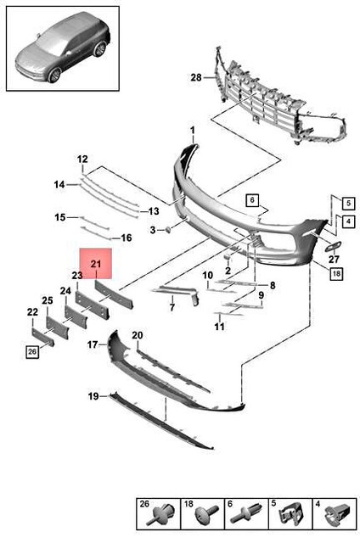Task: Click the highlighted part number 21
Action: click(x=96, y=264)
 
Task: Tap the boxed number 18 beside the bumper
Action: click(x=336, y=273)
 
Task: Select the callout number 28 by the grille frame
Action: click(x=196, y=77)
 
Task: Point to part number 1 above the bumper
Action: click(x=192, y=131)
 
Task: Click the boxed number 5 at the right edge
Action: click(x=348, y=204)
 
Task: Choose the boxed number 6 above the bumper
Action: click(x=252, y=200)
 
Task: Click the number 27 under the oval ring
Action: click(x=334, y=258)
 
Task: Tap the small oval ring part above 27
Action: click(x=332, y=246)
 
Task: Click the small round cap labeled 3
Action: click(x=167, y=229)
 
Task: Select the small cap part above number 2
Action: click(x=227, y=256)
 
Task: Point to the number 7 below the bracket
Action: click(x=172, y=306)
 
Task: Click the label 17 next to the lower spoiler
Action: click(x=93, y=345)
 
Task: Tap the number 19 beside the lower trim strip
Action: click(x=93, y=396)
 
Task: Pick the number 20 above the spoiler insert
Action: click(x=138, y=335)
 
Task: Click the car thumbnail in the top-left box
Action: click(x=63, y=48)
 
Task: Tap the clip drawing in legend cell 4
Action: click(x=337, y=514)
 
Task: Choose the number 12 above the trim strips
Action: click(x=83, y=160)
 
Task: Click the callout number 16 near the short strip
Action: click(x=127, y=238)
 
